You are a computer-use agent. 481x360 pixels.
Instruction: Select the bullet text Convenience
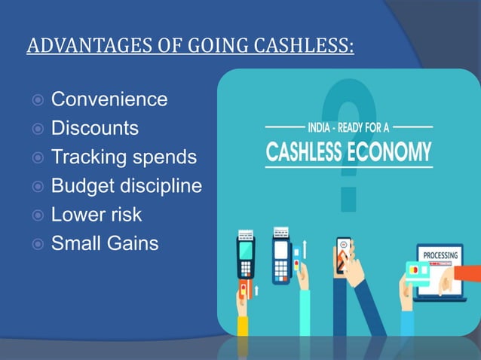pyautogui.click(x=109, y=99)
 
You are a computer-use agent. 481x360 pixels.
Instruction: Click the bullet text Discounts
pyautogui.click(x=94, y=128)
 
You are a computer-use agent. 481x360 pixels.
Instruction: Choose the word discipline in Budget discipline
pyautogui.click(x=161, y=186)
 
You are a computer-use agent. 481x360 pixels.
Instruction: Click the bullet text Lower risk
pyautogui.click(x=96, y=215)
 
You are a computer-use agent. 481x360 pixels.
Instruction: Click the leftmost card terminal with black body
pyautogui.click(x=246, y=256)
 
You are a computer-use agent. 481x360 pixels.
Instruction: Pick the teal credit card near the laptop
pyautogui.click(x=415, y=270)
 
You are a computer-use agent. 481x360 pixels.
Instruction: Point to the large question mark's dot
pyautogui.click(x=348, y=198)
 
